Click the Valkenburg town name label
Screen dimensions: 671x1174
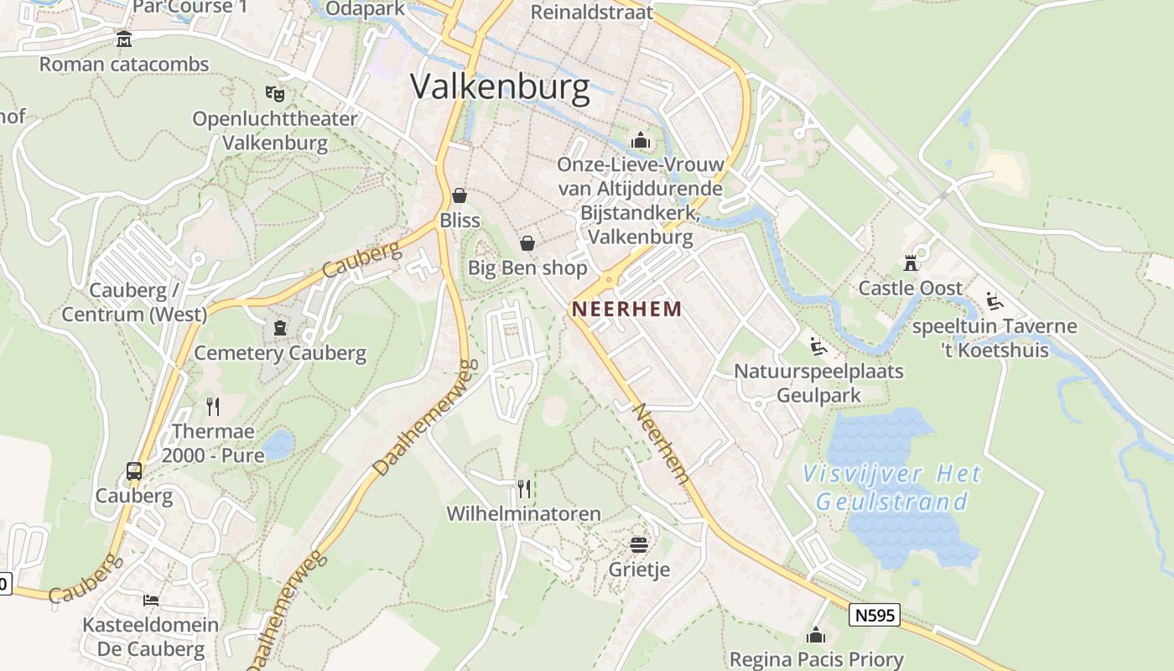[x=500, y=87]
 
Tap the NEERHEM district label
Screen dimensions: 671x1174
[x=626, y=309]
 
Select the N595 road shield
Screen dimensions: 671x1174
[x=875, y=615]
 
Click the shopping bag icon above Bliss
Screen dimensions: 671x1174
[x=460, y=196]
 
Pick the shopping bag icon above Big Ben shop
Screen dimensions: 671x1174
[x=527, y=243]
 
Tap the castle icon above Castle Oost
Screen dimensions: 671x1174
[x=911, y=263]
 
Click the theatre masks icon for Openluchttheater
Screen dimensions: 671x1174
[x=274, y=93]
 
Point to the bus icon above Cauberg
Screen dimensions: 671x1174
[x=134, y=471]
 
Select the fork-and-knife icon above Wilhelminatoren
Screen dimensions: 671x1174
[x=524, y=488]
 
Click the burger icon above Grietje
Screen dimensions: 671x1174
[x=639, y=545]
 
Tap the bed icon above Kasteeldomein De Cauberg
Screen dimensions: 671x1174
[x=151, y=600]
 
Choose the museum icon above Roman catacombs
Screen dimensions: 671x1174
[x=124, y=39]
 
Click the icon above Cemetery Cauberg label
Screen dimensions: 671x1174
[x=280, y=327]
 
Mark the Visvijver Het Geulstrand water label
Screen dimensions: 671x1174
[x=891, y=488]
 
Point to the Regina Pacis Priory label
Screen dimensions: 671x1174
[x=816, y=659]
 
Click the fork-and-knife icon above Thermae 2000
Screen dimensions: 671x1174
[x=213, y=407]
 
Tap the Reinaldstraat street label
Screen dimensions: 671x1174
[x=592, y=12]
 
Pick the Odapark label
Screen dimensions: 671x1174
[x=365, y=9]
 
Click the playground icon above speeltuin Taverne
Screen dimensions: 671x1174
[x=995, y=301]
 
